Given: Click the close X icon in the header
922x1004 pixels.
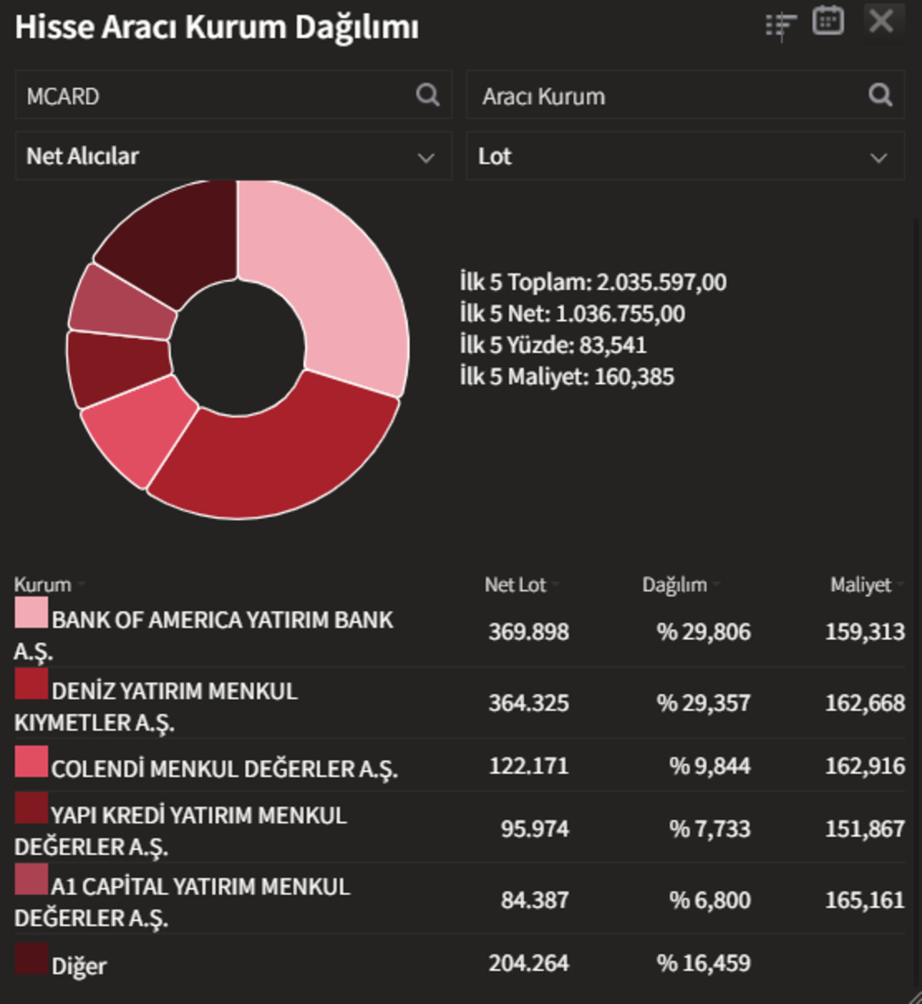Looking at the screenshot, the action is [881, 21].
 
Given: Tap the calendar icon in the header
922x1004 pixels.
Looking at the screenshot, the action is [827, 21].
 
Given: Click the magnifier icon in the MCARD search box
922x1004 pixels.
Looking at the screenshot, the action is [427, 94].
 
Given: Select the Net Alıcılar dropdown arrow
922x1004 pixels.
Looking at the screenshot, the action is [426, 158].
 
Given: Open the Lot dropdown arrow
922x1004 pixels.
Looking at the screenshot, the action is [878, 158].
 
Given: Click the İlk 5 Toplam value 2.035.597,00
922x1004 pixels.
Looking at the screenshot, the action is [662, 282].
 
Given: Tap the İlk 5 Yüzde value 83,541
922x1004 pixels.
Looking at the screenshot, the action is [613, 345].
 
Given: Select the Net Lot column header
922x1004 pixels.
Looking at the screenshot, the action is [515, 585].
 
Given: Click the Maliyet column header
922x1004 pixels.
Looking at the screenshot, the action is [861, 585].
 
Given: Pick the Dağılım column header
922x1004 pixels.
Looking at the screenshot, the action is [675, 585].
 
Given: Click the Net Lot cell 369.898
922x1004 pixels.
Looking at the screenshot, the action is [529, 632].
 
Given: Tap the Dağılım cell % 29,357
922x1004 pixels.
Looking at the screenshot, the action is [704, 703].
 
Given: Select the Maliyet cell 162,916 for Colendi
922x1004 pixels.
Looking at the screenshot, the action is [865, 766].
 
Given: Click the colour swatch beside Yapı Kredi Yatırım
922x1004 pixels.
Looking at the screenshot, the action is [32, 807].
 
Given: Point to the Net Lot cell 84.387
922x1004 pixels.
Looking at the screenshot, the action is [535, 900].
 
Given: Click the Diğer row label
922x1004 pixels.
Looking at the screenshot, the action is [79, 966].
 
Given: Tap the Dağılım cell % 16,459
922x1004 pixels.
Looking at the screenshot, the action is [704, 963].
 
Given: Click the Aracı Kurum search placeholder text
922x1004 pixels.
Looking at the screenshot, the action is [544, 97].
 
